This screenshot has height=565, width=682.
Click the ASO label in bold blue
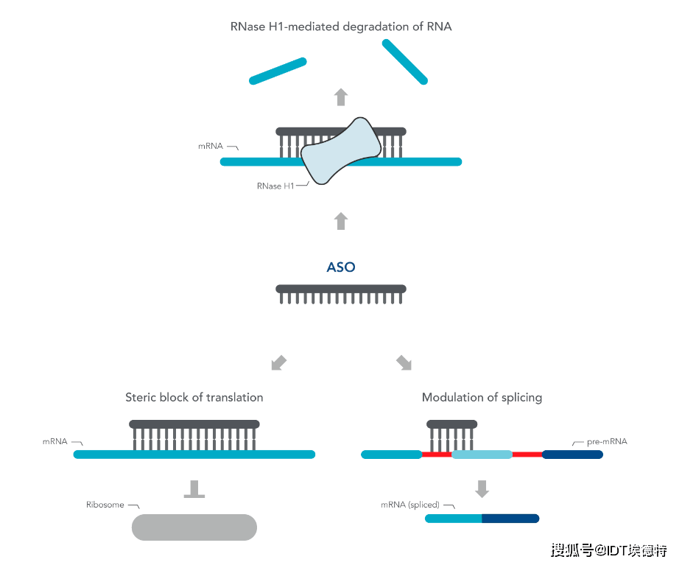341,267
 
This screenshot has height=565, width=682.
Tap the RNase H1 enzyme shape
340,151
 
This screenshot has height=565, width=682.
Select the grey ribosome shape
194,527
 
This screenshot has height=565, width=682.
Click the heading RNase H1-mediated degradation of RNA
341,27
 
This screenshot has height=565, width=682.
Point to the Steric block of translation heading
194,397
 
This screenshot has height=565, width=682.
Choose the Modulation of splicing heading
482,397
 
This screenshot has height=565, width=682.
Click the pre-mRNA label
607,441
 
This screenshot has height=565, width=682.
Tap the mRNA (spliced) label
410,505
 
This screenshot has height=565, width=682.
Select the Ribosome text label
105,505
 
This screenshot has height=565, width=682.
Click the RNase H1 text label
275,186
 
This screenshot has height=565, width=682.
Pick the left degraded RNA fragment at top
278,71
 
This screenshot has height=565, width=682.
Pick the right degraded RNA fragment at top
404,61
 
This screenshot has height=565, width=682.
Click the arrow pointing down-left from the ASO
278,362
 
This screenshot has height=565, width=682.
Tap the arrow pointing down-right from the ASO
404,362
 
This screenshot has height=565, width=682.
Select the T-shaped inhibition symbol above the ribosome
194,489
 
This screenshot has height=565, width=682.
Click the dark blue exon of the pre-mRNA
572,455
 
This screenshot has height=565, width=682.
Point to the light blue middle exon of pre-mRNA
482,455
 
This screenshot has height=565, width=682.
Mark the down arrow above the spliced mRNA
482,488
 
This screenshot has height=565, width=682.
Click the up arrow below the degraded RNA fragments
340,96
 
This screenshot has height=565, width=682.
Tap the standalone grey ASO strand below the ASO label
341,293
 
